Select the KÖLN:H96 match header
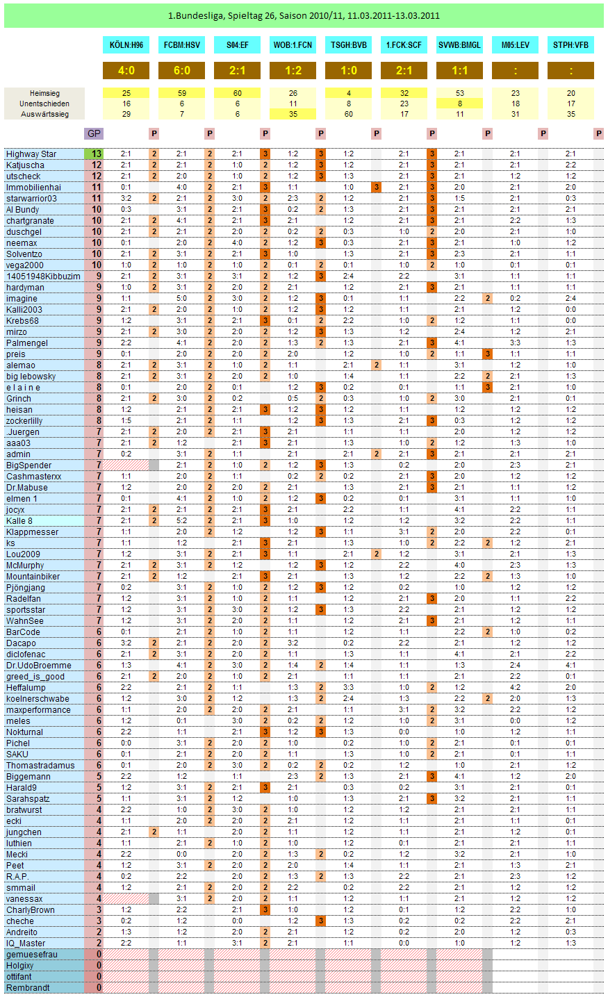tap(126, 45)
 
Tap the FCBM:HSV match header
tap(181, 45)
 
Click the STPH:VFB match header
tap(570, 45)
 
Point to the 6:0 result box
tap(181, 70)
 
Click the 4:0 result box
tap(126, 70)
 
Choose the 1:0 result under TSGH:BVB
tap(348, 70)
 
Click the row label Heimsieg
tap(44, 92)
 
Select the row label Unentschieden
tap(44, 103)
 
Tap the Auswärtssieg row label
tap(44, 114)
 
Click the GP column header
tap(93, 133)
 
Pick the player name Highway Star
tap(31, 154)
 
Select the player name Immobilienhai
tap(33, 188)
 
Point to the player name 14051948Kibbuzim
tap(43, 277)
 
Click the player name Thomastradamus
tap(40, 766)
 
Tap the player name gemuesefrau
tap(32, 955)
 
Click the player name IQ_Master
tap(26, 944)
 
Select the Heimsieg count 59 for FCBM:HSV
tap(181, 92)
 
